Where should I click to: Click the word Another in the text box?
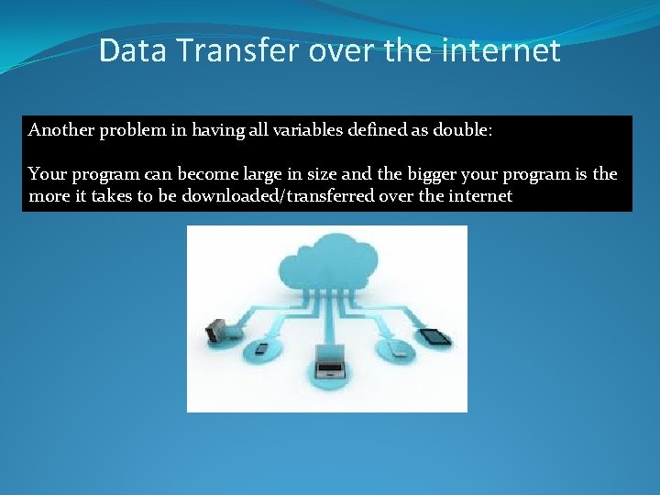coord(60,130)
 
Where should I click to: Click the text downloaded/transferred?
coord(282,196)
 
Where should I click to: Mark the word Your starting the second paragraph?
coord(47,174)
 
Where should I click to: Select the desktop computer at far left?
coord(217,331)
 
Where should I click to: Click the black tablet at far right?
coord(435,335)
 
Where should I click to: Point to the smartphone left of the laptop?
coord(259,348)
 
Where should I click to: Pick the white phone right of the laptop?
coord(398,349)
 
